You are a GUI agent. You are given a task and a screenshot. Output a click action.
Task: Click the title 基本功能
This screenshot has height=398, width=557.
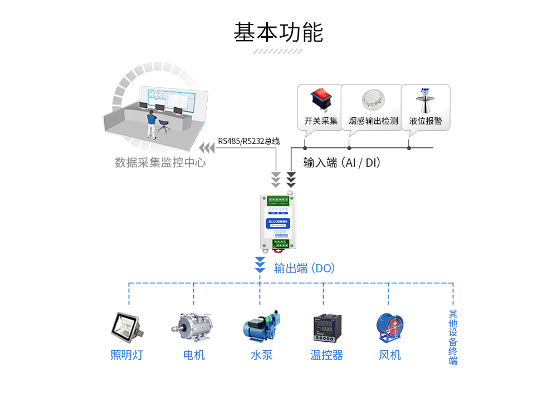278,32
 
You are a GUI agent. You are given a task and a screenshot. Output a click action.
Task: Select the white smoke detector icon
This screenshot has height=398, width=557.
373,101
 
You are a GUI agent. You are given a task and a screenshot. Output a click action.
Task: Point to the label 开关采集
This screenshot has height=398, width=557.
320,121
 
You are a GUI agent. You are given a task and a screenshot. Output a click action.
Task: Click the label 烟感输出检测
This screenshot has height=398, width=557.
373,121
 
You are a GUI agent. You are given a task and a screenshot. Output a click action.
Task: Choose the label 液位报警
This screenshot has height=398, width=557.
425,121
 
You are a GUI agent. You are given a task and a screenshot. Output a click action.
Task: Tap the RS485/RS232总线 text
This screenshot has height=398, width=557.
248,141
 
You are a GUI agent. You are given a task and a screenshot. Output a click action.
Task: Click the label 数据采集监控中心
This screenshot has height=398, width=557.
160,163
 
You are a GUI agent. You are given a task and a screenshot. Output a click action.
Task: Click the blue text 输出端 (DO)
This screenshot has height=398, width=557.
304,268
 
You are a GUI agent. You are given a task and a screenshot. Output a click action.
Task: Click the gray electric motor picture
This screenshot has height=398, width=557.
194,327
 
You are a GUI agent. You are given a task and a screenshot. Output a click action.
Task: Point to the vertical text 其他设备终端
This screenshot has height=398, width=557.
453,337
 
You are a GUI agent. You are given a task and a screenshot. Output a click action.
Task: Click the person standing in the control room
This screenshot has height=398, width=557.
150,123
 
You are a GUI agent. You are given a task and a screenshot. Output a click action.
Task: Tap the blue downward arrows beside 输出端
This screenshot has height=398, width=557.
260,265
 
